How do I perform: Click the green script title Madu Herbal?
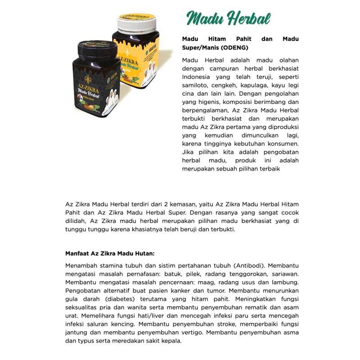coord(228,19)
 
